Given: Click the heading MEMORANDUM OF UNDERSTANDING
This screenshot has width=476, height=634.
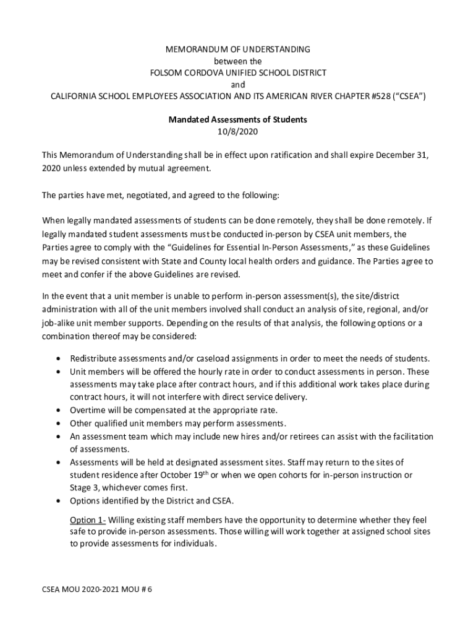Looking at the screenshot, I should [238, 49].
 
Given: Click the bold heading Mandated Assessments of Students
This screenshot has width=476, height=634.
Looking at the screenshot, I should [238, 119].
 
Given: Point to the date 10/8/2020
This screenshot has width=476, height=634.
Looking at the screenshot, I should [238, 131].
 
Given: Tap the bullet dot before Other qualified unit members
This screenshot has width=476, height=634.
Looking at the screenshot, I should [58, 423].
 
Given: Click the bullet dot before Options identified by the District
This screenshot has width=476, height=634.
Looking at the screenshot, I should [58, 501].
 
